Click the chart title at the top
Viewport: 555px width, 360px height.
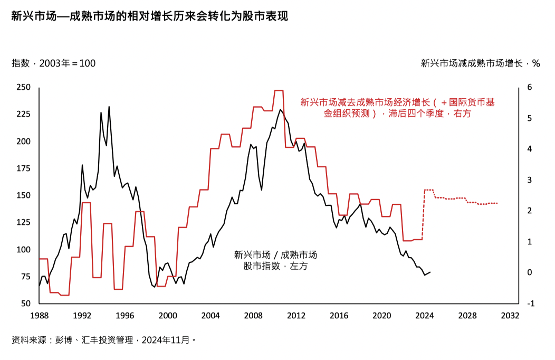150,16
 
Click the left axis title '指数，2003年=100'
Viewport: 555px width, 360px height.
54,63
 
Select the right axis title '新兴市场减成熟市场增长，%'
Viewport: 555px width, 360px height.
480,63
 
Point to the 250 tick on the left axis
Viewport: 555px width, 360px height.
23,87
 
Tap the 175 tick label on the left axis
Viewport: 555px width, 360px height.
23,168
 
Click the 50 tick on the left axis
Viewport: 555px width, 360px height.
26,304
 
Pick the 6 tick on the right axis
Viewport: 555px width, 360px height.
530,87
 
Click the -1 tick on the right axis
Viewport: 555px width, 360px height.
531,304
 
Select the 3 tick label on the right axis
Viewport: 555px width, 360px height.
530,180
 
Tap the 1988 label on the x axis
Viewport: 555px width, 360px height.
39,316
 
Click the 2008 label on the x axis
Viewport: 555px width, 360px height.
253,316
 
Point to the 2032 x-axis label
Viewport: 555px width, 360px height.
510,316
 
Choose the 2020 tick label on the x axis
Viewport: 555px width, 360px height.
381,316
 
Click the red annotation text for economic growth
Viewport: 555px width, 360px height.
397,108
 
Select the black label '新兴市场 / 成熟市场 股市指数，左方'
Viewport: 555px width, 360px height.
275,260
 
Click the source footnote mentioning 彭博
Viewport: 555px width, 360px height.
104,340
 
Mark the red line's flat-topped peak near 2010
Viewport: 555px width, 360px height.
279,91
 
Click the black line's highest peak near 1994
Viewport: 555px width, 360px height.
109,107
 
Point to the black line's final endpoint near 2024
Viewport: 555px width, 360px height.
430,272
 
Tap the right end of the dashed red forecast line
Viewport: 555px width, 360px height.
497,203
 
